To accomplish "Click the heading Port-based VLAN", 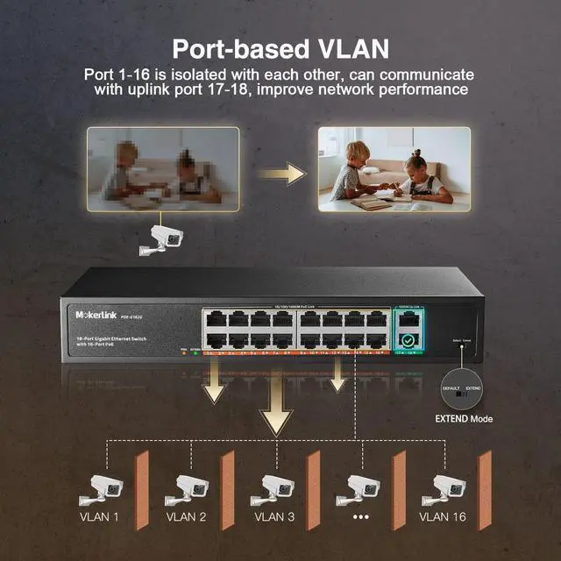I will (x=280, y=46).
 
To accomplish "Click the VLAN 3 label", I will (x=275, y=517).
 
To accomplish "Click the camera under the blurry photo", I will (x=163, y=239).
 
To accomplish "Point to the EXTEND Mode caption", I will (x=464, y=419).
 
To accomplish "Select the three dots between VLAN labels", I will (x=361, y=517).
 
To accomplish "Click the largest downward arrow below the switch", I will (x=278, y=408).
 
